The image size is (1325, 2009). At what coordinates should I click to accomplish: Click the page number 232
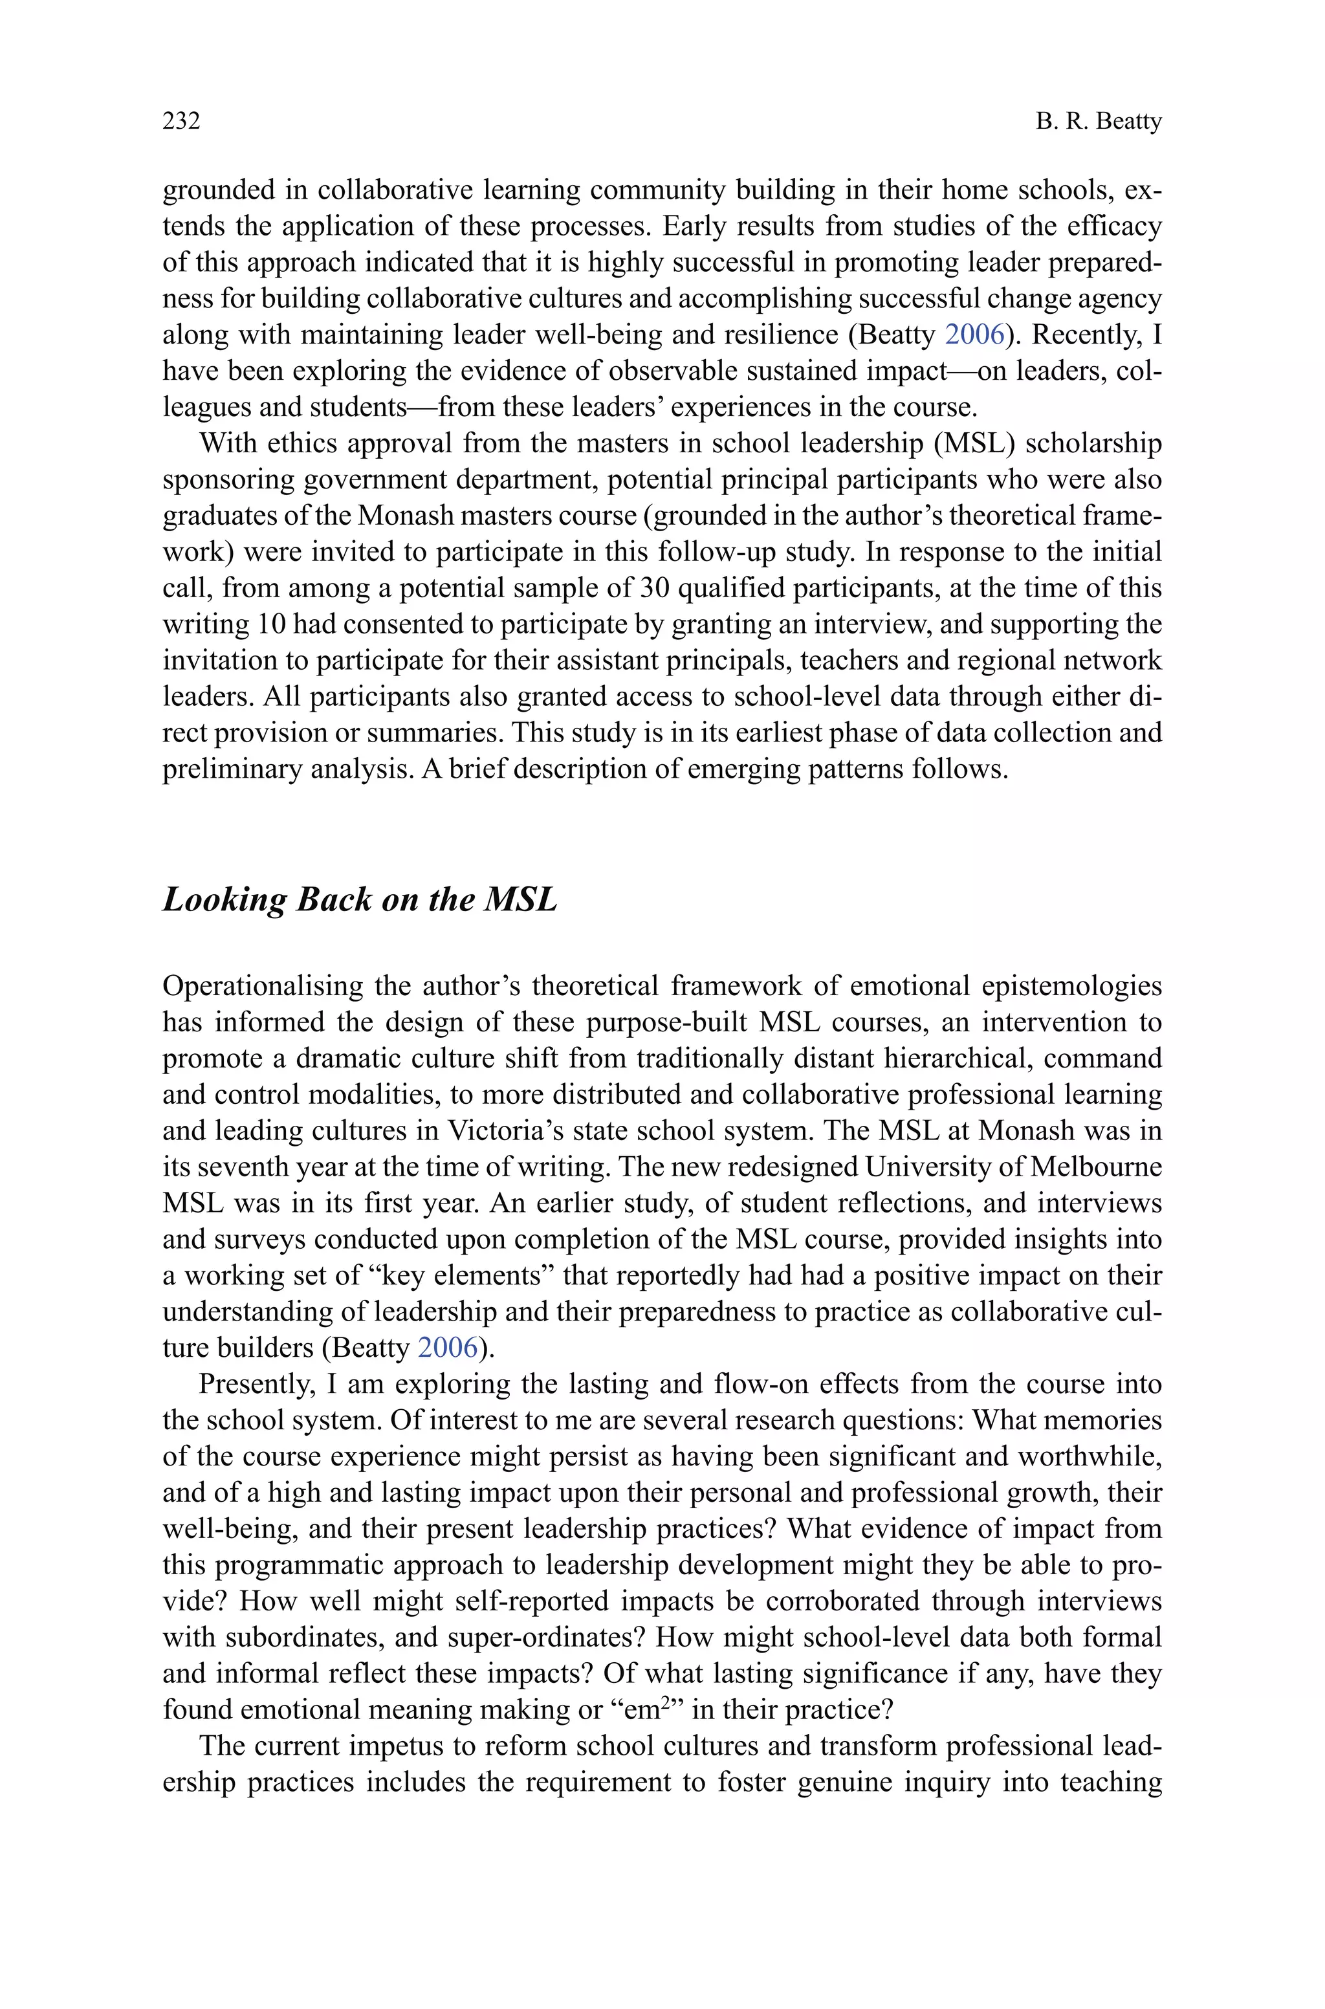click(x=181, y=121)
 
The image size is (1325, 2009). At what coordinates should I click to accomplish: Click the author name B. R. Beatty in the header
click(x=1099, y=121)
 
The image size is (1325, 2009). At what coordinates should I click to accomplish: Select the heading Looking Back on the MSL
click(x=359, y=900)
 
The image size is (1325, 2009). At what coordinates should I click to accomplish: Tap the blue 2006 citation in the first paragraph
click(x=974, y=335)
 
